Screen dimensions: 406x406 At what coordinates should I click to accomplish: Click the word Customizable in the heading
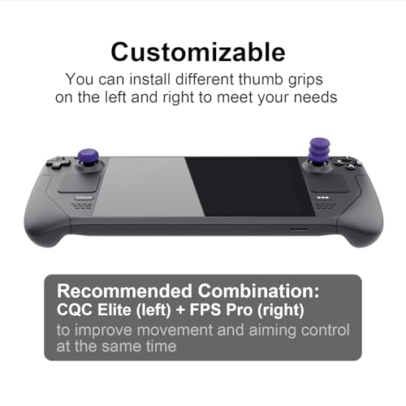(x=198, y=51)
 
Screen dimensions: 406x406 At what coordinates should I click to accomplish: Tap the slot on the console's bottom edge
(x=299, y=230)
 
